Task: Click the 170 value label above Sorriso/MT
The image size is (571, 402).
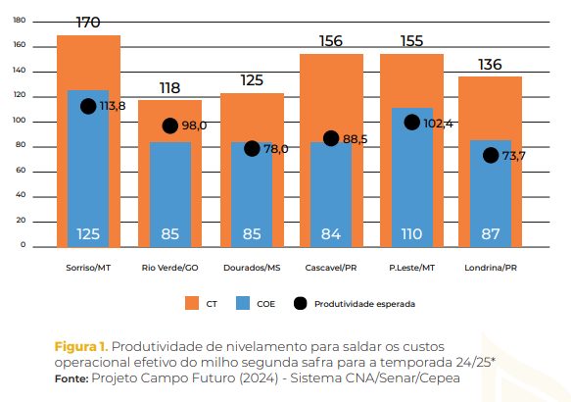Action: (88, 21)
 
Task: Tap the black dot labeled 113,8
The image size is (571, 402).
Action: (88, 106)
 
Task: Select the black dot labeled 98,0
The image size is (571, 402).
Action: (169, 126)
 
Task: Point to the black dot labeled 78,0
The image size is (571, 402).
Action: (252, 148)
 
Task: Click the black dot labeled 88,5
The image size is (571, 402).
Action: (331, 138)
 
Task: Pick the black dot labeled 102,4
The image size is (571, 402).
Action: (412, 123)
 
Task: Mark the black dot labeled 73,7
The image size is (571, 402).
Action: (491, 155)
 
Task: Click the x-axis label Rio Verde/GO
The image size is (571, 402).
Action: (169, 267)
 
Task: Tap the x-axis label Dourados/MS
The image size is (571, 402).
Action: (252, 267)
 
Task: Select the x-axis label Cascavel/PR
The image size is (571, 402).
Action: (331, 267)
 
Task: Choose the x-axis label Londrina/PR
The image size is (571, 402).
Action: (491, 267)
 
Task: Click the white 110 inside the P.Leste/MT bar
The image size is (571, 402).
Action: (412, 234)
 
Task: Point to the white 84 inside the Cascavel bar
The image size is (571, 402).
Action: (331, 234)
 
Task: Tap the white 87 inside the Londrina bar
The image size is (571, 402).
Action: (491, 234)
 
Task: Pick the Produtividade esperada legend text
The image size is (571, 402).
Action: (364, 304)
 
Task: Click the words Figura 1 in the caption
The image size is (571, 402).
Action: (80, 346)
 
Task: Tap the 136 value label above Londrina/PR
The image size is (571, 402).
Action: (490, 65)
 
